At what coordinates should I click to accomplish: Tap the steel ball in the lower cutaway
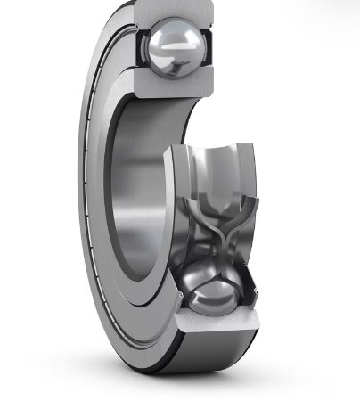click(212, 286)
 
